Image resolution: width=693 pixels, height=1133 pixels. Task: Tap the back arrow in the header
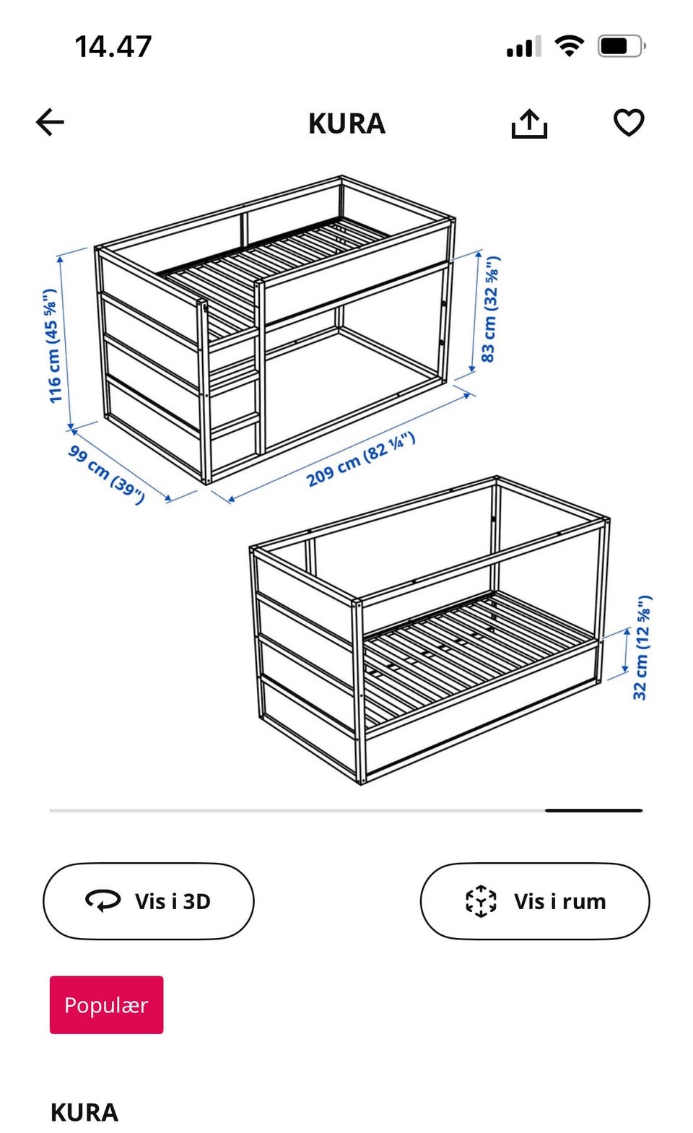click(x=50, y=123)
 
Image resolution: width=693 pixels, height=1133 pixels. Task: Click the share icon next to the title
click(x=529, y=123)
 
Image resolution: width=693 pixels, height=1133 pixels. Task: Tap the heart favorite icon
click(x=629, y=123)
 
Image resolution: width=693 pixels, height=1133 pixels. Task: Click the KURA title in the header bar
click(x=346, y=123)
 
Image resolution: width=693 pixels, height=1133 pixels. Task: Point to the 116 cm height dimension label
click(x=51, y=346)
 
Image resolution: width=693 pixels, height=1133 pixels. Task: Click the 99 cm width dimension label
click(x=107, y=474)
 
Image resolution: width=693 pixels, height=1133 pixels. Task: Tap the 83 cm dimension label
click(x=490, y=309)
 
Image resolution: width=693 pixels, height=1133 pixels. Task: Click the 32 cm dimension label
click(x=642, y=648)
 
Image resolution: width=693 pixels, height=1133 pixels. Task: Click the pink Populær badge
click(x=106, y=1005)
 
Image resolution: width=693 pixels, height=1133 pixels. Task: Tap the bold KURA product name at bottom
click(x=84, y=1113)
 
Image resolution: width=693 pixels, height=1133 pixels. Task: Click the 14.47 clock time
click(x=113, y=46)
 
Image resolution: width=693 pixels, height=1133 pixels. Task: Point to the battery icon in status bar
click(x=622, y=46)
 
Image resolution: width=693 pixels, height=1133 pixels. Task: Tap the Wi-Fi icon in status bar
click(x=570, y=46)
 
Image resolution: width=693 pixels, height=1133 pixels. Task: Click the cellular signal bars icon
click(x=523, y=46)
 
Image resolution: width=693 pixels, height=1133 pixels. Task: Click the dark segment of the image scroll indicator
click(x=593, y=810)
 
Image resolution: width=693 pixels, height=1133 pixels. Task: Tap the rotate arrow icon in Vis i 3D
click(x=103, y=900)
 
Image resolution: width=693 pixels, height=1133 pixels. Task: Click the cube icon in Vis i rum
click(x=481, y=900)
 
